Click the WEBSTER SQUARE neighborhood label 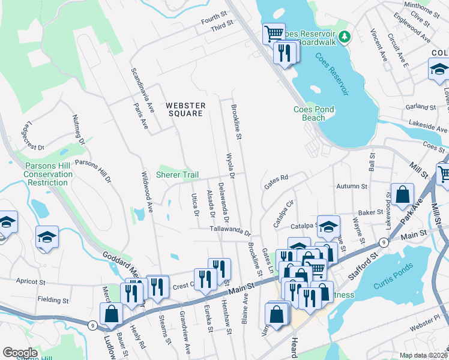tap(186, 109)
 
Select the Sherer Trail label tap(177, 175)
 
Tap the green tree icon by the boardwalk tap(345, 38)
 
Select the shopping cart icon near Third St tap(274, 33)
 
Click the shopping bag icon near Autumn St tap(402, 194)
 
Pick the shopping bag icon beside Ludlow tap(112, 313)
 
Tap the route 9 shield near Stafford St tap(382, 243)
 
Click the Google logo tap(20, 352)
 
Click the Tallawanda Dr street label tap(229, 229)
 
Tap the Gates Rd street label tap(276, 181)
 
